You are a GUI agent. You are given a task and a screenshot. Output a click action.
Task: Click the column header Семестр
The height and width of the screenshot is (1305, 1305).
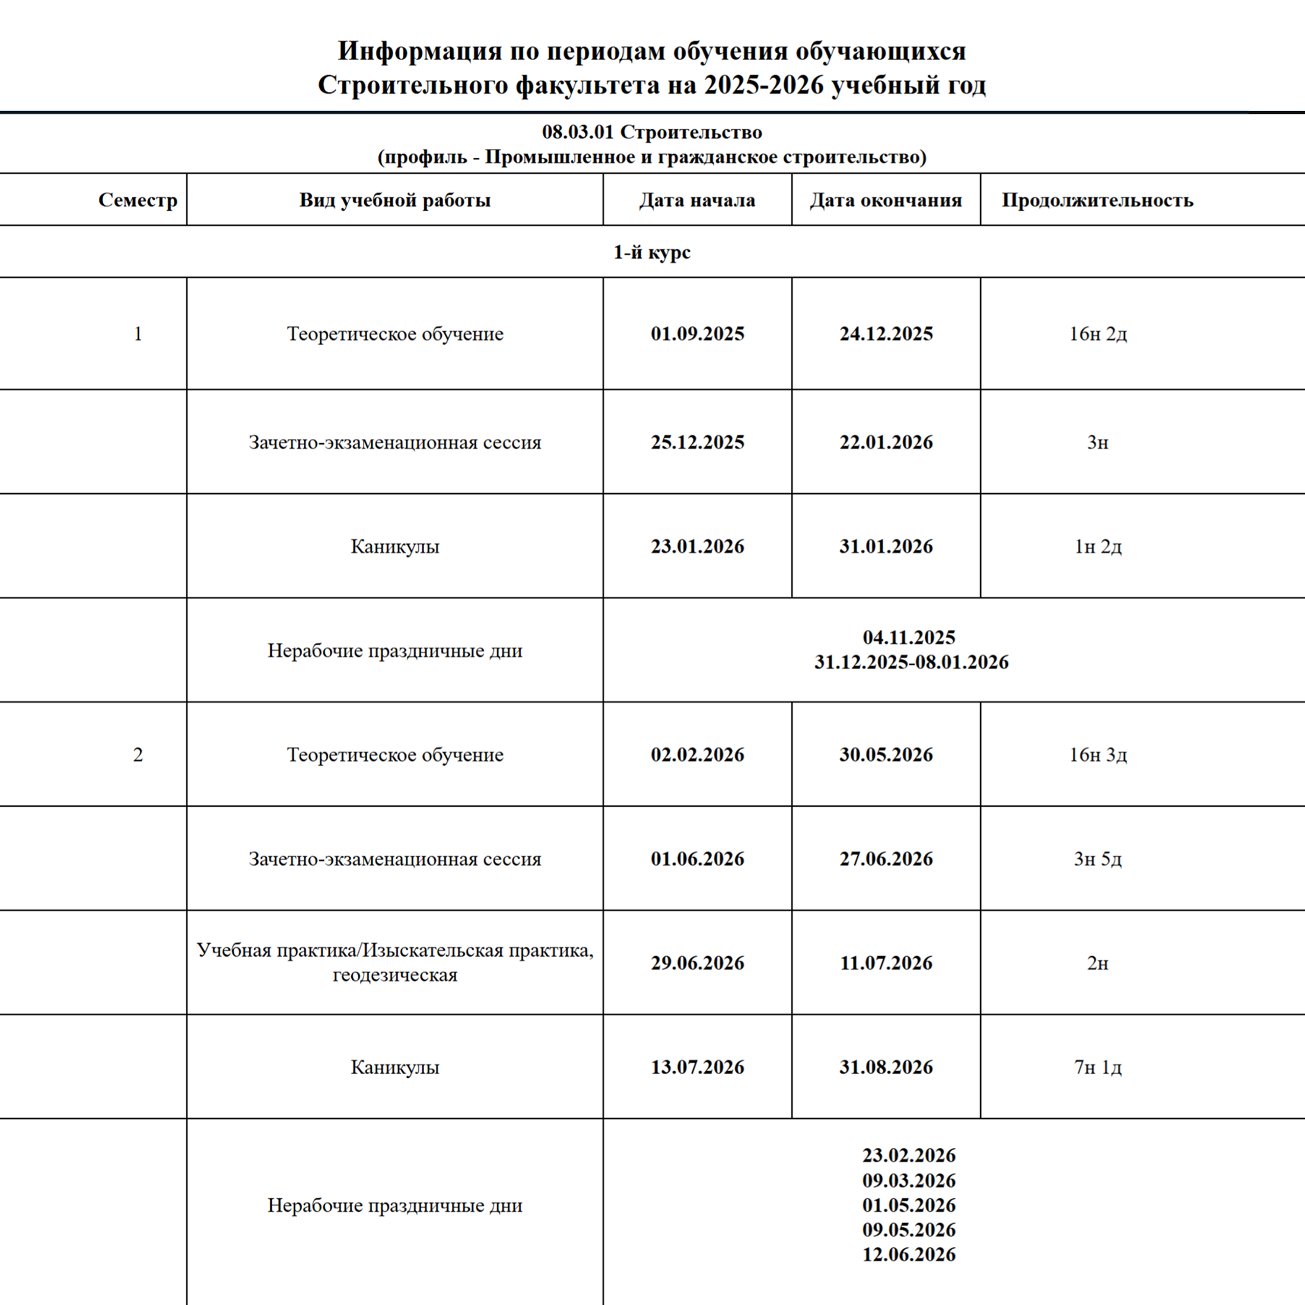[x=138, y=200]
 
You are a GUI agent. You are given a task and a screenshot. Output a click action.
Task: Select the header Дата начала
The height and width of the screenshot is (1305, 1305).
[x=697, y=200]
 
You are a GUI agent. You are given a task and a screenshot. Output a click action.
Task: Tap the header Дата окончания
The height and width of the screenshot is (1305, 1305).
[x=886, y=200]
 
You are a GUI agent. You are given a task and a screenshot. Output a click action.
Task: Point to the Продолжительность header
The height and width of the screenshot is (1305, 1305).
[x=1097, y=200]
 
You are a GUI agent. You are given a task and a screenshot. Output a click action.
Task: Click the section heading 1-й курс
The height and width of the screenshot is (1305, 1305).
[x=652, y=252]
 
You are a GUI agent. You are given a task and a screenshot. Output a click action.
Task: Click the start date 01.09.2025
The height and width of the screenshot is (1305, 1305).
[x=697, y=334]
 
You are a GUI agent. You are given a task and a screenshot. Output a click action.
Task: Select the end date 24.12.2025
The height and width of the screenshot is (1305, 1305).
[x=886, y=334]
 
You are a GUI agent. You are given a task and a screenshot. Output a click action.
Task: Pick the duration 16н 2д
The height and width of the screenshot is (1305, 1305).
[x=1097, y=334]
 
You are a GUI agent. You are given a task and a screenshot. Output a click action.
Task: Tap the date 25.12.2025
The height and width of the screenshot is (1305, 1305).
[x=697, y=443]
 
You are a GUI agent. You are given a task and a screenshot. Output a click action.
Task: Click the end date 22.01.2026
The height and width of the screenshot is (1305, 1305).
[x=886, y=443]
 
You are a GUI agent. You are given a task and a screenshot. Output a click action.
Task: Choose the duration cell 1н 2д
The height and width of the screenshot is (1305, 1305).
[x=1097, y=546]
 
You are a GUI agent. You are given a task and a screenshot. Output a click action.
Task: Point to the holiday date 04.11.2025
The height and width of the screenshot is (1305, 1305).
[x=909, y=638]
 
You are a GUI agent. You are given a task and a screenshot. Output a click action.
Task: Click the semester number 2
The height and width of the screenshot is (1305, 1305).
[x=138, y=755]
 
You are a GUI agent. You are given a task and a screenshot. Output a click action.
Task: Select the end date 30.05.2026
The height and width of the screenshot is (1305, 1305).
[x=886, y=755]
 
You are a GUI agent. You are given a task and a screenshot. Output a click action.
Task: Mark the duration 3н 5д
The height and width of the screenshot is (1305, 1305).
[x=1097, y=859]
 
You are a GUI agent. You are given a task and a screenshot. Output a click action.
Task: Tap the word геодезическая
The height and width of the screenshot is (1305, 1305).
[x=394, y=975]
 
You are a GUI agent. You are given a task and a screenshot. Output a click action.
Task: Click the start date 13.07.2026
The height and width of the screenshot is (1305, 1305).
[x=697, y=1067]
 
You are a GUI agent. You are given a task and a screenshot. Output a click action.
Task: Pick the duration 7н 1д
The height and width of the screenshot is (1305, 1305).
[x=1097, y=1067]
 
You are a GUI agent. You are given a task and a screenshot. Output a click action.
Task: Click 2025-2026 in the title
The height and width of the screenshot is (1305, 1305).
[x=763, y=85]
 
